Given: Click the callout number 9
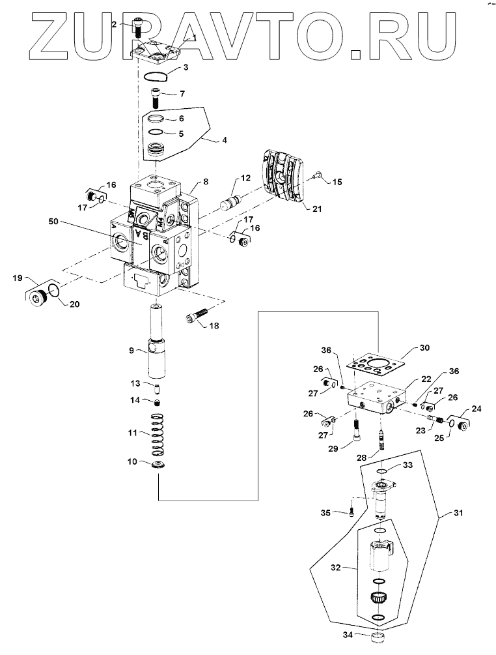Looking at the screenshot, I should [131, 350].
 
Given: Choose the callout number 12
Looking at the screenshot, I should [245, 178].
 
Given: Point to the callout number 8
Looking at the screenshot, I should [205, 181].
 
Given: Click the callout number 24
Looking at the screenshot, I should [478, 410].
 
